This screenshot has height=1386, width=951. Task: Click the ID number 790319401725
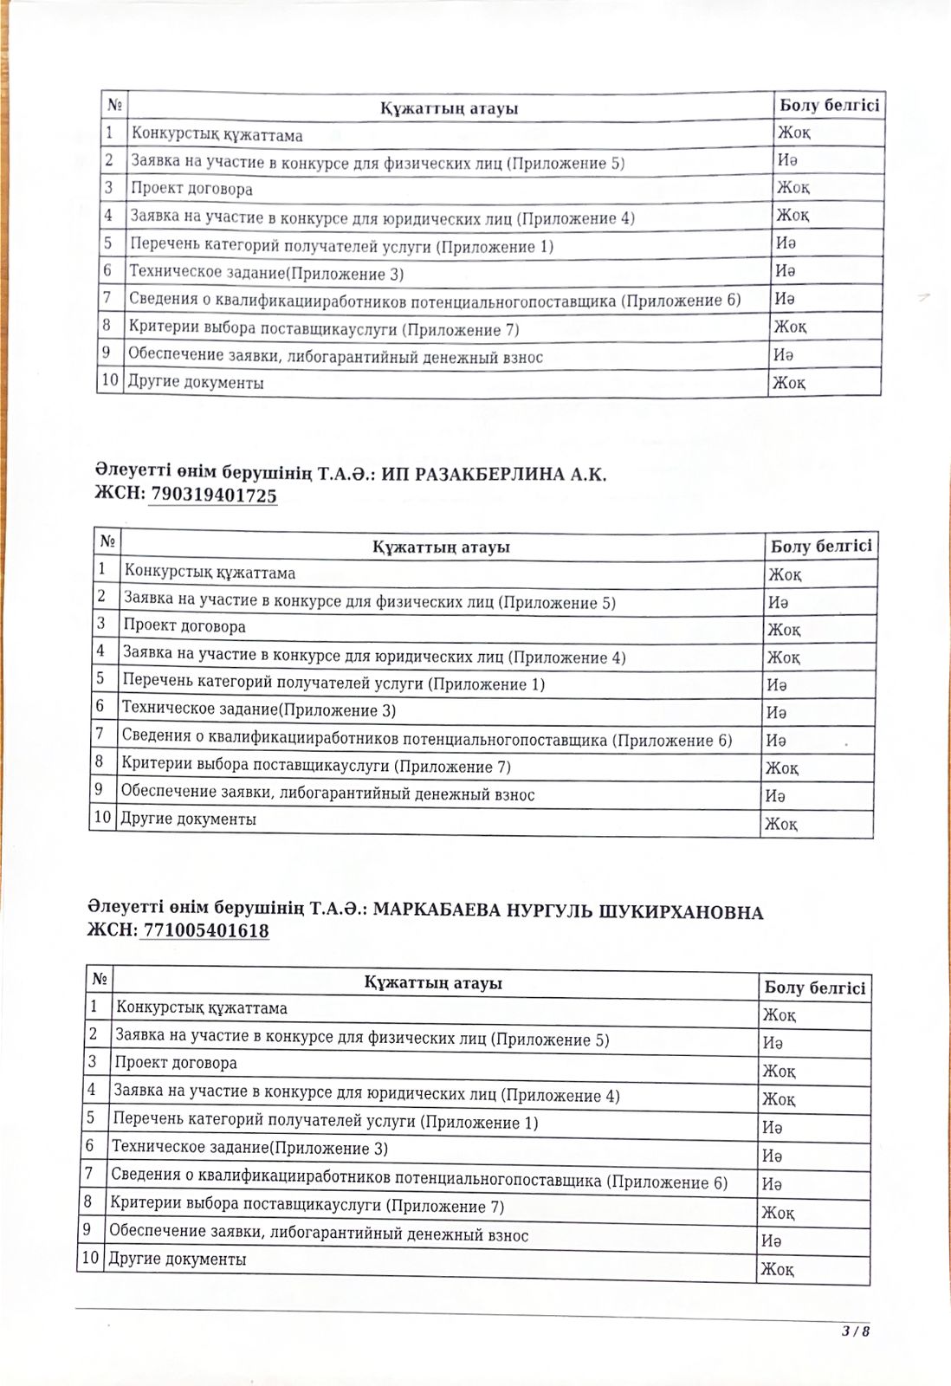[x=214, y=495]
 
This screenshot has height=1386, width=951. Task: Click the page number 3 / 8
[x=854, y=1332]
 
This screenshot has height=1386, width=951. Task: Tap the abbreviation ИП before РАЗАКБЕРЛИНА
[x=393, y=474]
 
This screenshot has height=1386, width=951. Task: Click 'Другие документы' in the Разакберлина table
[x=188, y=819]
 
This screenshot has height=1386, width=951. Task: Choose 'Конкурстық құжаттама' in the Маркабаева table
[x=201, y=1008]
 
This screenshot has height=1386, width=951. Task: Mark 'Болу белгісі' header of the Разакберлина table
[x=820, y=547]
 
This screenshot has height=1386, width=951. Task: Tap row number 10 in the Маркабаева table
[x=89, y=1259]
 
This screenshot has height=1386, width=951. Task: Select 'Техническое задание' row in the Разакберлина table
[x=259, y=710]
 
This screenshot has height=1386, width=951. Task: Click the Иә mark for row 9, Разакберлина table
[x=775, y=795]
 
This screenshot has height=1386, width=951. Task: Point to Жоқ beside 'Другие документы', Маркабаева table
[x=777, y=1270]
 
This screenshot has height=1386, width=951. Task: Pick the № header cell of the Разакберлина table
[x=107, y=541]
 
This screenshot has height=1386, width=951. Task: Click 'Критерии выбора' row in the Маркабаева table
[x=307, y=1205]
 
